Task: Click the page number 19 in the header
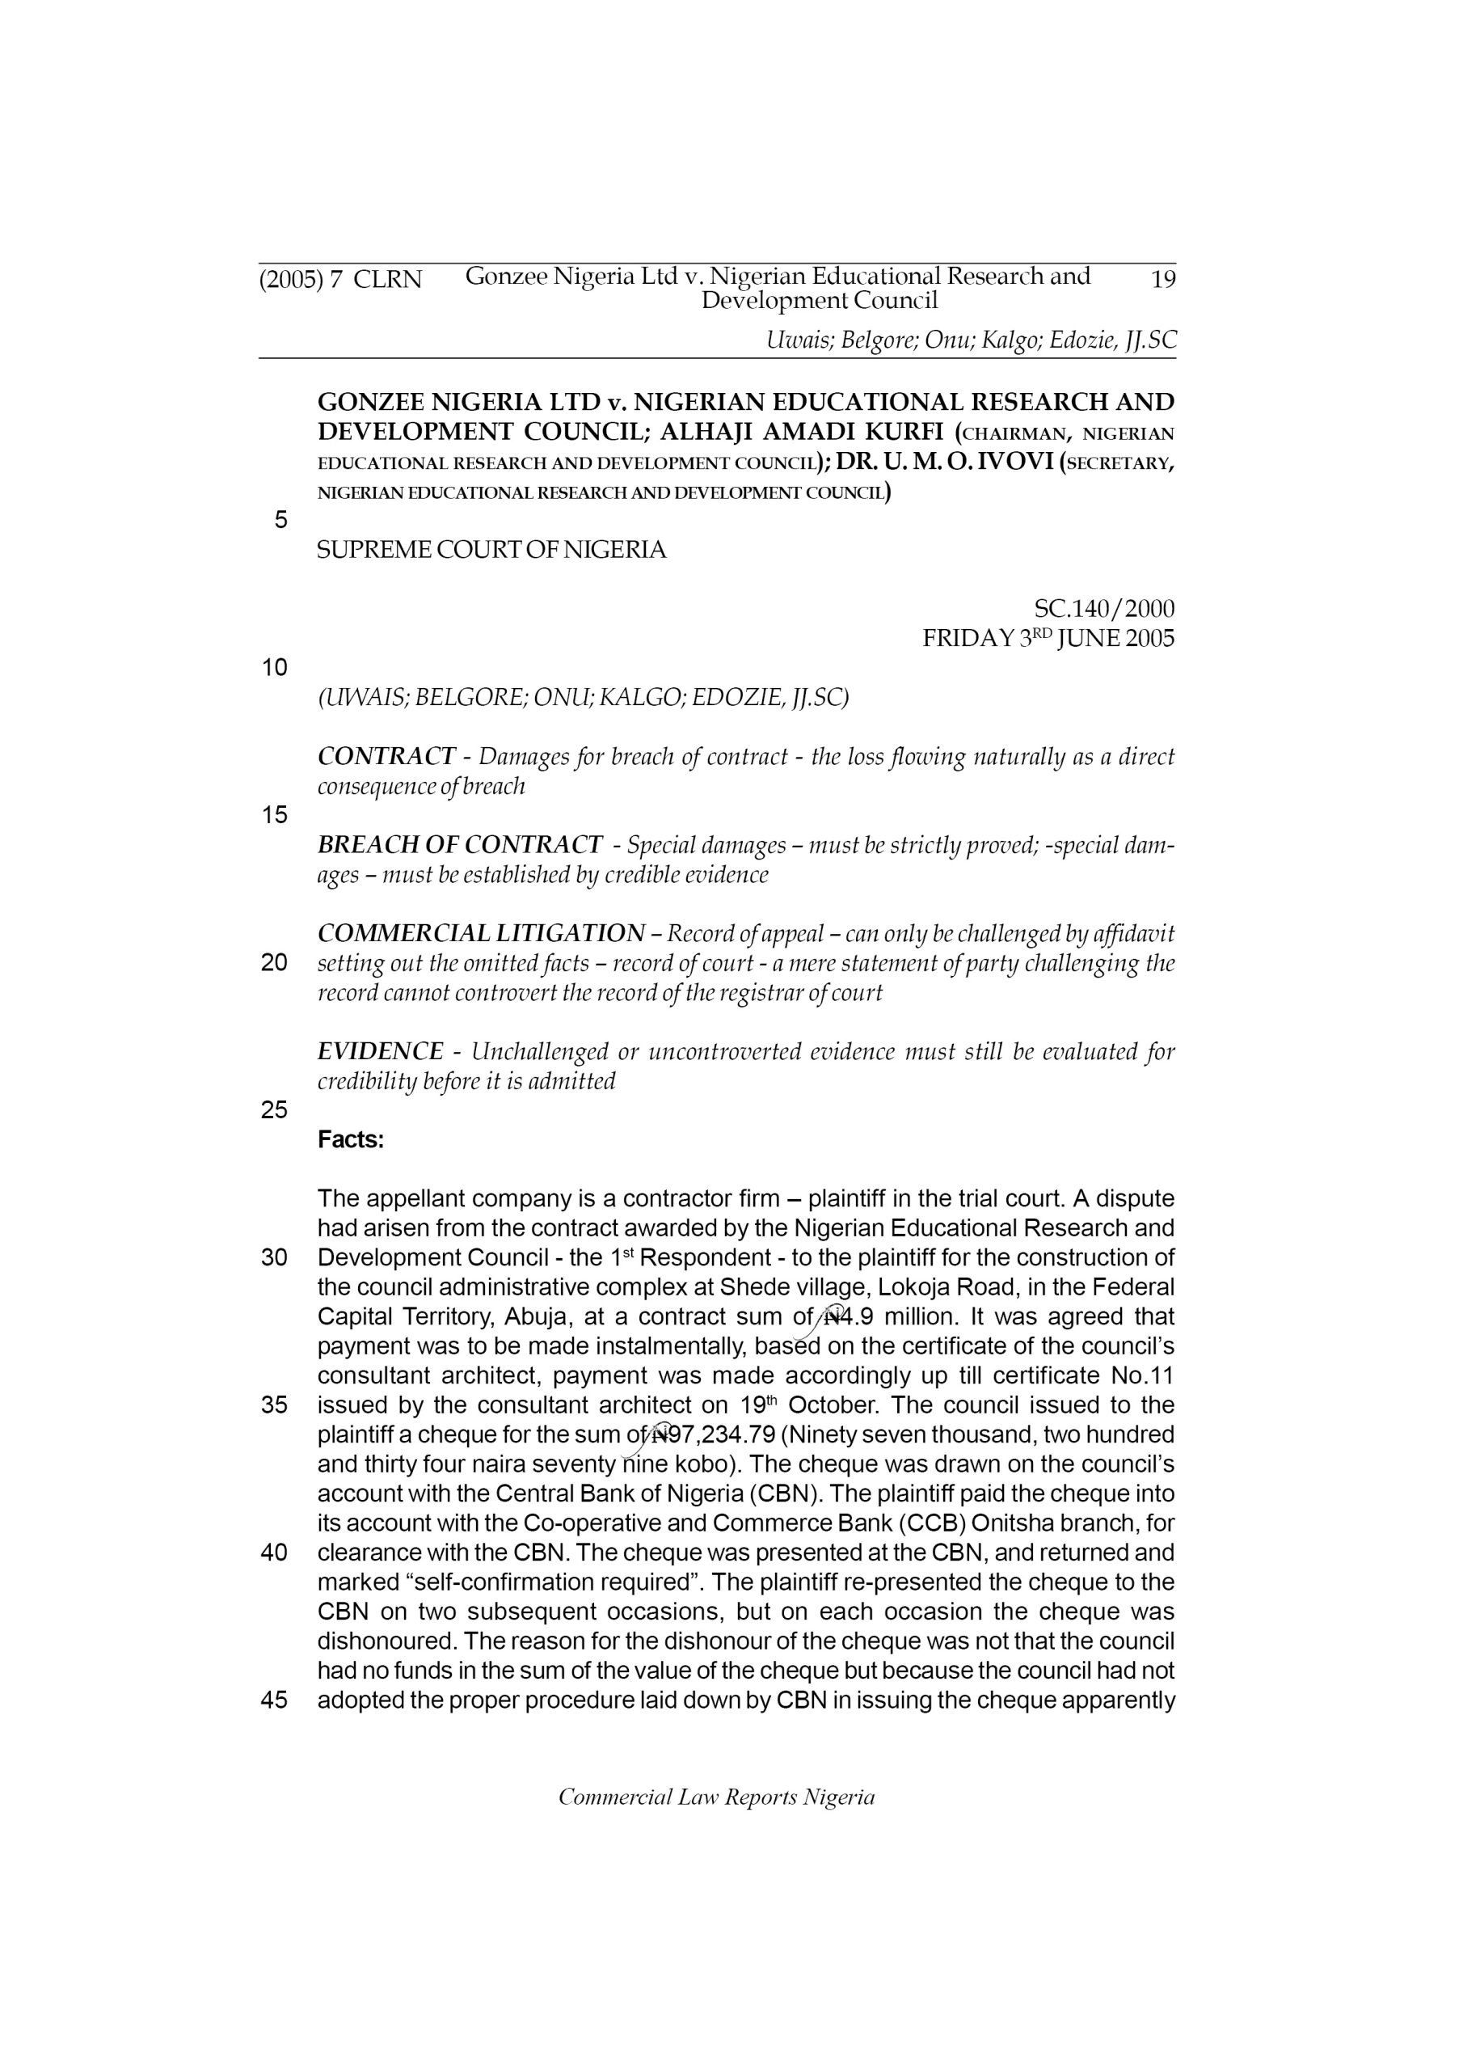pos(1163,280)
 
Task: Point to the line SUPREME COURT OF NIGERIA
pos(491,550)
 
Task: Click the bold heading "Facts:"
pos(351,1140)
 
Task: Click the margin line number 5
pos(281,520)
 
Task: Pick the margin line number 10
pos(274,668)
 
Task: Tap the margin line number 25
pos(274,1111)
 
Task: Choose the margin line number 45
pos(274,1700)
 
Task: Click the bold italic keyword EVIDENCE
pos(381,1051)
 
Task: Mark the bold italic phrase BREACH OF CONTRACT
pos(460,845)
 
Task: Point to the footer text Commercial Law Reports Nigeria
pos(717,1798)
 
